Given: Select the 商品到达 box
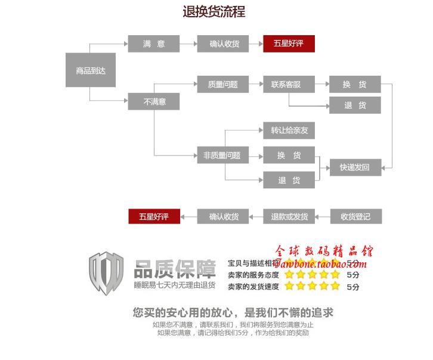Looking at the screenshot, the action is [x=91, y=70].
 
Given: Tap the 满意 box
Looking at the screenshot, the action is [x=153, y=44].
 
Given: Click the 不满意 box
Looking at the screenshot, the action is [x=153, y=102].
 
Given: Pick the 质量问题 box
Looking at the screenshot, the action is [x=222, y=85].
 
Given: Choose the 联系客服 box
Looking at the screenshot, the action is [x=289, y=85].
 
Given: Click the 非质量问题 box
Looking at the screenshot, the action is [x=222, y=156].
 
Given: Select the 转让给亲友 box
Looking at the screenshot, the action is [x=289, y=131].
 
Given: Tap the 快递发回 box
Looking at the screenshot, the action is [x=355, y=167].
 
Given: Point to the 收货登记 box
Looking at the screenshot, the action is [x=355, y=216].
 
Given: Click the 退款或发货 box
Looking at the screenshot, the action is [x=289, y=216].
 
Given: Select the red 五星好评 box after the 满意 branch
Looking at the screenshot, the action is [x=289, y=44].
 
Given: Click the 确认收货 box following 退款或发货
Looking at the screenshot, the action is [x=223, y=216].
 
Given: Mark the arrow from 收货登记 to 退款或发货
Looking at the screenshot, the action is [x=322, y=216].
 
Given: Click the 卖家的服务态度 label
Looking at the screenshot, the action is [x=253, y=275].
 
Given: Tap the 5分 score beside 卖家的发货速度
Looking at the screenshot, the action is [x=353, y=287].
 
